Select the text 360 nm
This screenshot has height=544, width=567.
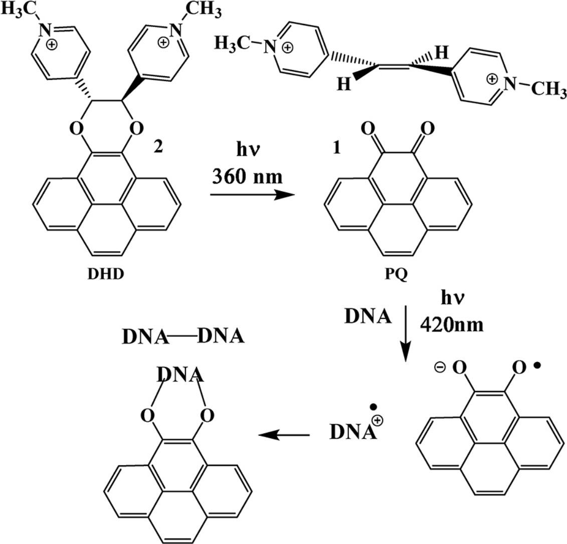[x=244, y=176]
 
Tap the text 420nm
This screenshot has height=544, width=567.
[x=452, y=326]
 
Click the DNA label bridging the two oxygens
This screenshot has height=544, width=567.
[x=179, y=375]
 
